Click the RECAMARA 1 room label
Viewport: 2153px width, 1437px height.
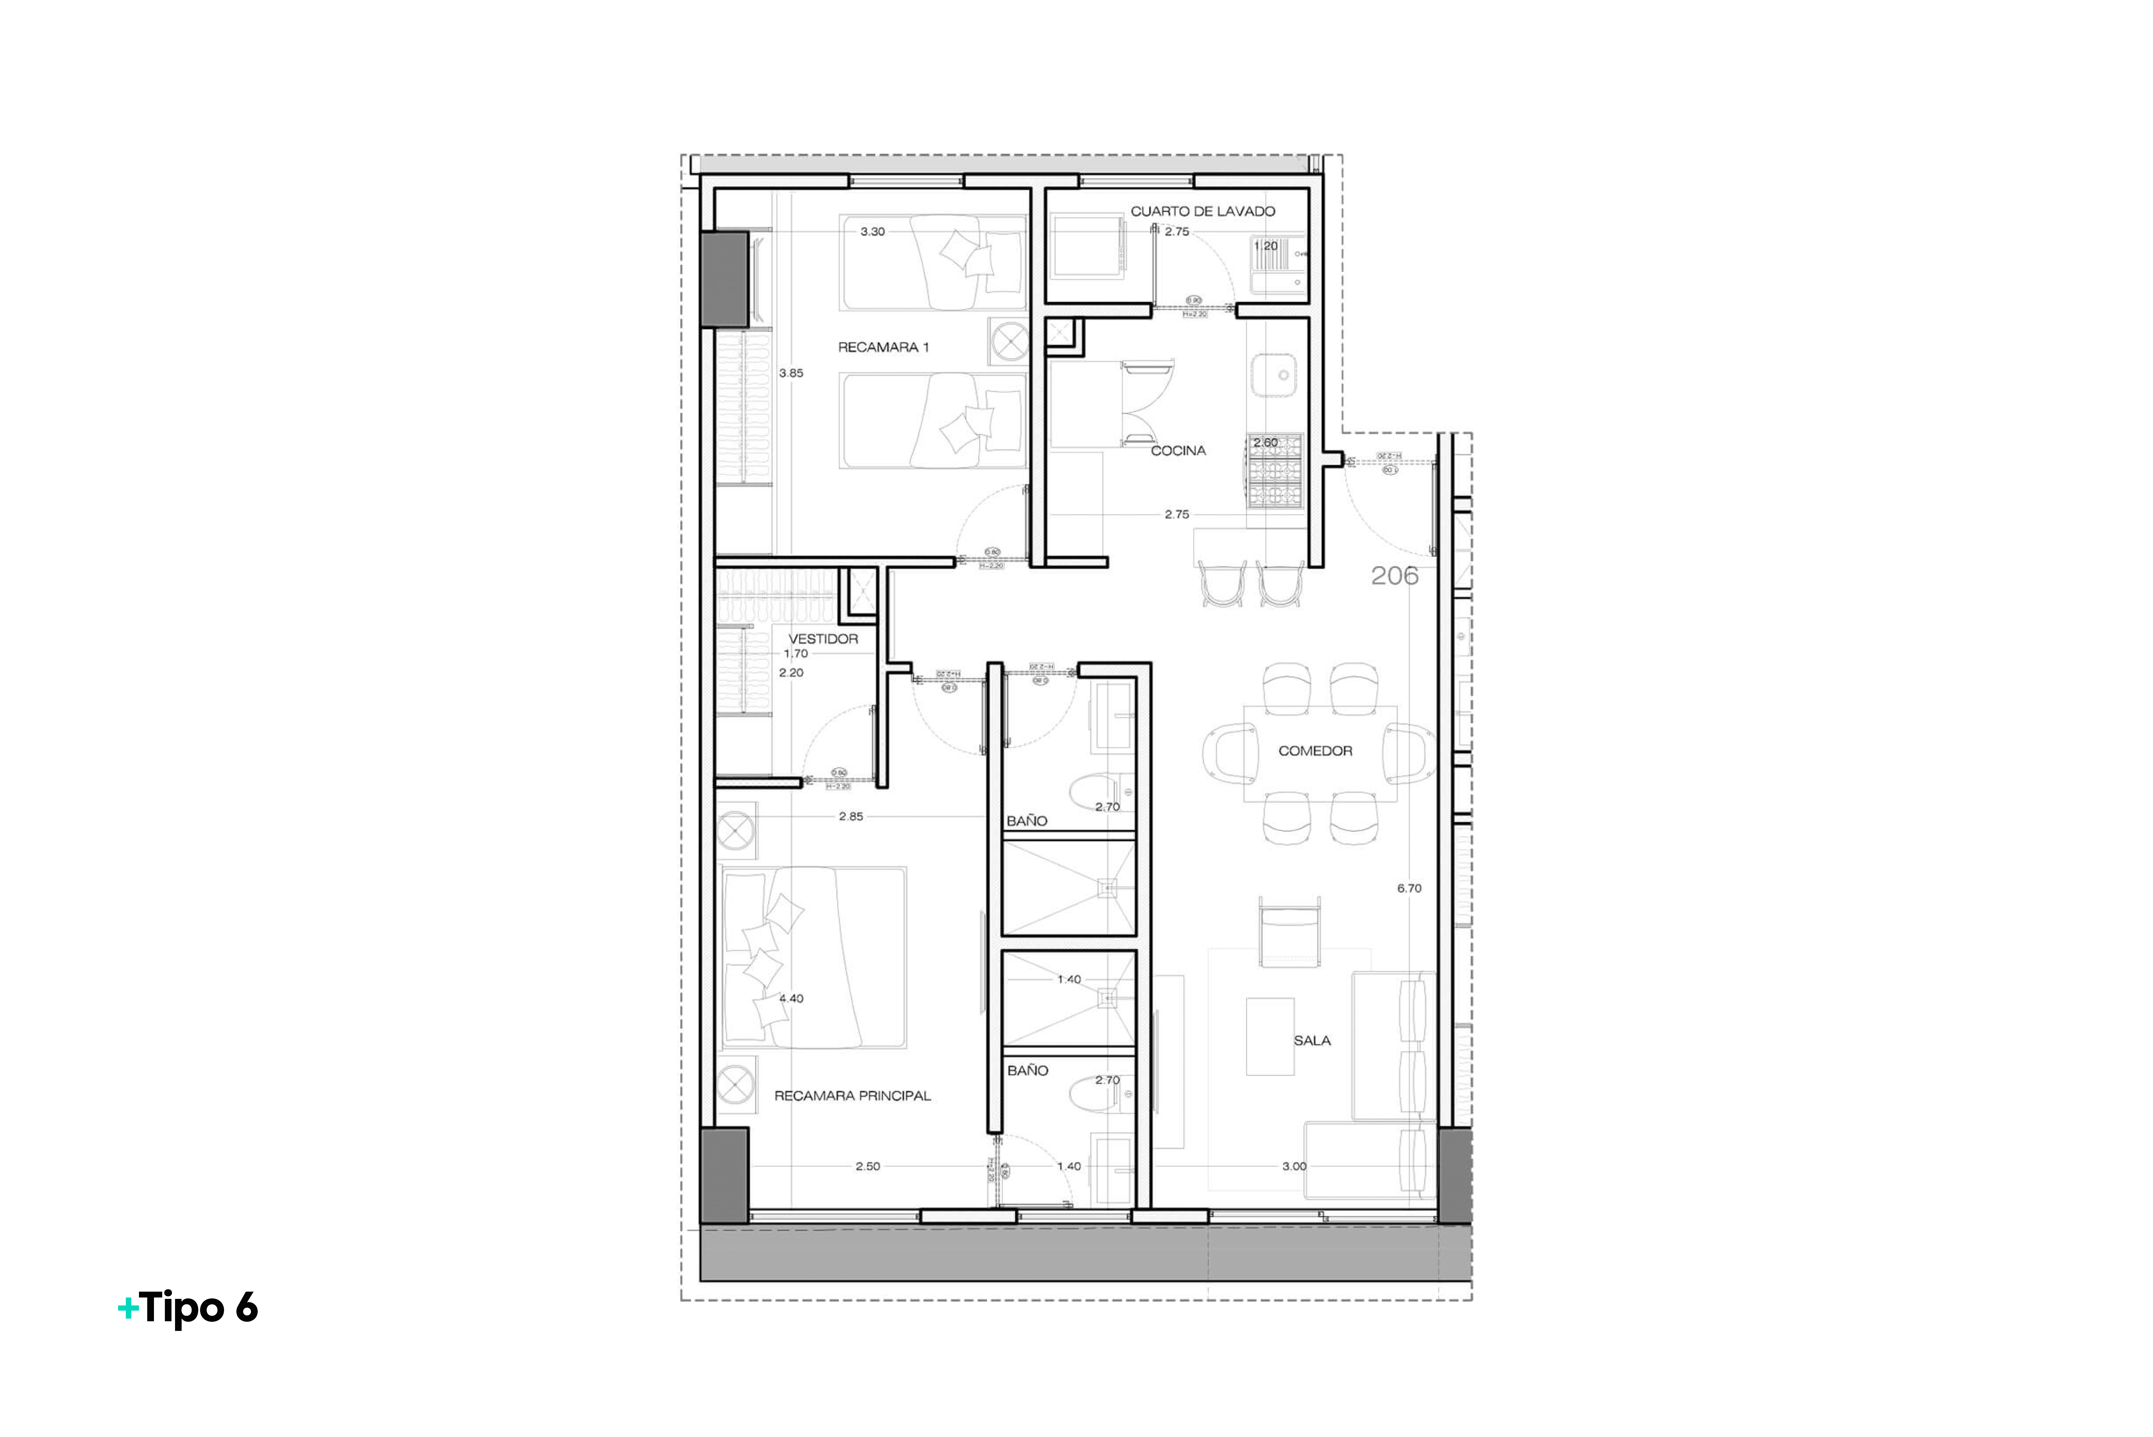tap(883, 347)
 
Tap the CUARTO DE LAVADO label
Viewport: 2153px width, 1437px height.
tap(1202, 211)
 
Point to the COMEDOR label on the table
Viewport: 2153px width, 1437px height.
tap(1315, 751)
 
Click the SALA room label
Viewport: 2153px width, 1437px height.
tap(1312, 1040)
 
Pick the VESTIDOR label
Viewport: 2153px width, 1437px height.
tap(823, 639)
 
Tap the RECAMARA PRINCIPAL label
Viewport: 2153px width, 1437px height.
tap(852, 1095)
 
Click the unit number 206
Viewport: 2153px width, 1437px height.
tap(1394, 576)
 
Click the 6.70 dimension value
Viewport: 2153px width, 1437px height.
tap(1409, 888)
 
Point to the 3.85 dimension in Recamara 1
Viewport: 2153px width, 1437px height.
tap(791, 373)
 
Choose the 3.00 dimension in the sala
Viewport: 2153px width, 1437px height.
tap(1294, 1167)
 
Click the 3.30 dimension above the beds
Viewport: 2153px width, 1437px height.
tap(872, 232)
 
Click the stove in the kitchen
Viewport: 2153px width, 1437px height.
tap(1275, 472)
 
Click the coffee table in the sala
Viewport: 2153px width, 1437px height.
tap(1270, 1037)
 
